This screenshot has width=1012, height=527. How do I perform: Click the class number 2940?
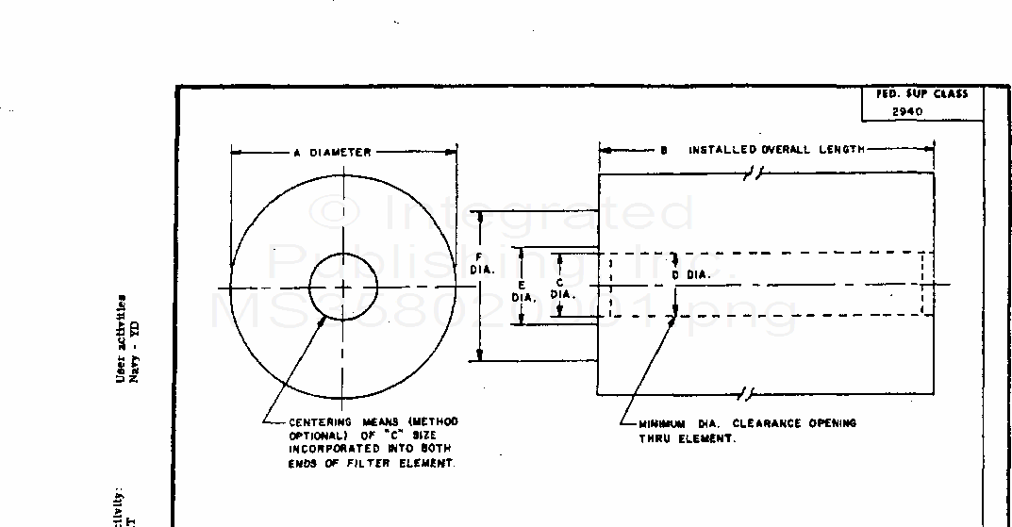coord(907,111)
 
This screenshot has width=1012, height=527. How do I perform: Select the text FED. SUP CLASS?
coord(921,94)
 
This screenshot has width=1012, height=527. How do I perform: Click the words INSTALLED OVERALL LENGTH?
coord(775,150)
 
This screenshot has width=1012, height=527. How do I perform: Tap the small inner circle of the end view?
coord(342,287)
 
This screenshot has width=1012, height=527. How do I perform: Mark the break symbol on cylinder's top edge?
coord(755,173)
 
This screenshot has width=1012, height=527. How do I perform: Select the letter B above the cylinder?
coord(664,150)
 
